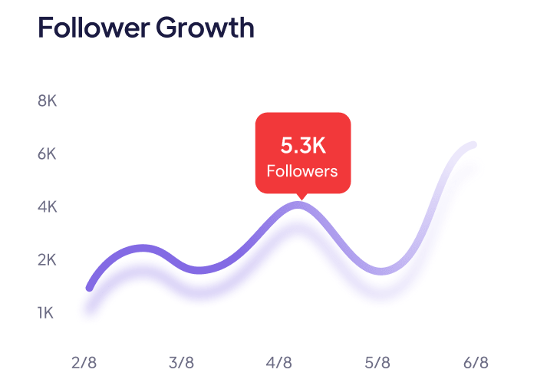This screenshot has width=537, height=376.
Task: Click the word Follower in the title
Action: [x=92, y=28]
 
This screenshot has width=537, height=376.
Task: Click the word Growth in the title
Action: [x=205, y=28]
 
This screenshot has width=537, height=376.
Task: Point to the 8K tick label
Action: [x=48, y=101]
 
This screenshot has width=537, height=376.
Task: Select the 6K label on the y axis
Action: [x=48, y=153]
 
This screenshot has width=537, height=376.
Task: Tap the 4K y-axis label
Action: [x=48, y=206]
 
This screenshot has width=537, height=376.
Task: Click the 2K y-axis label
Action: [x=48, y=259]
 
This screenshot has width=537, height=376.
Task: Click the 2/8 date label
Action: [x=84, y=361]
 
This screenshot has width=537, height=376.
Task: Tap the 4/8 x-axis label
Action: [x=279, y=361]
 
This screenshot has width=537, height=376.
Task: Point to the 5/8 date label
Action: [x=377, y=361]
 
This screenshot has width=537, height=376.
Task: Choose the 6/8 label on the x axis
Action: [x=476, y=361]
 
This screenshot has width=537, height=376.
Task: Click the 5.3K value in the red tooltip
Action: [x=302, y=145]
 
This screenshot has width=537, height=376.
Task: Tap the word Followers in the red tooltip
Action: [x=302, y=170]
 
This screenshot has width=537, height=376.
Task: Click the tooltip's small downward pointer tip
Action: [x=302, y=198]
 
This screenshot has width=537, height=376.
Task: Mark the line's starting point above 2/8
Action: [x=90, y=288]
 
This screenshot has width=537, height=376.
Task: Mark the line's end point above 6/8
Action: [x=473, y=145]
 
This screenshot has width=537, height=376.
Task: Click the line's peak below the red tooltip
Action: [x=299, y=205]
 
